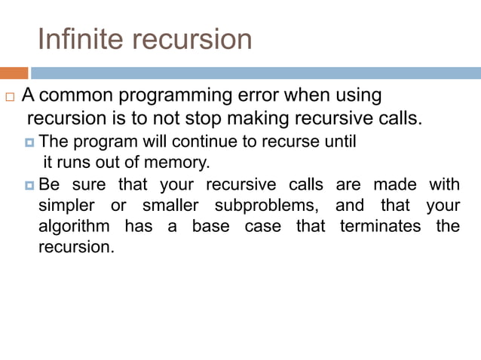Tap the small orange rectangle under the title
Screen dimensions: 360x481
[x=14, y=73]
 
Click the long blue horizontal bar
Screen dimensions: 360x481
[x=256, y=73]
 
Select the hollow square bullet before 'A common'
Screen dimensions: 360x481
[x=9, y=98]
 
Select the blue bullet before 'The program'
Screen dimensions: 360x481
[x=30, y=142]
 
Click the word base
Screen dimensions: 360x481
[x=210, y=226]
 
